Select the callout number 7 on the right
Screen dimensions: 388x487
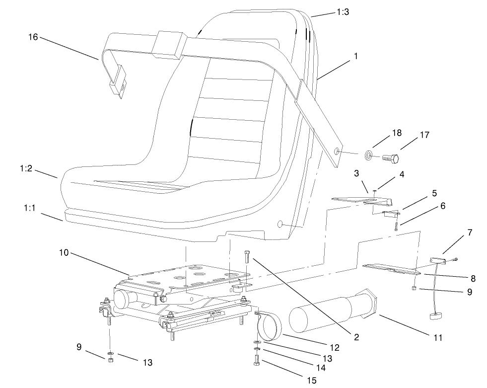point(470,232)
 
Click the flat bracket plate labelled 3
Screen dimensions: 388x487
point(361,200)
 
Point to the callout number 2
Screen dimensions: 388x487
point(356,337)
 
